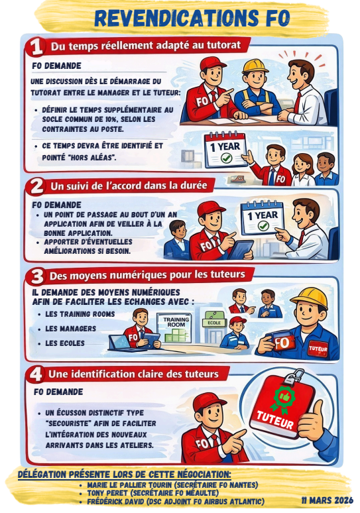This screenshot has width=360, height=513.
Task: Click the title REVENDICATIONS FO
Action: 192,18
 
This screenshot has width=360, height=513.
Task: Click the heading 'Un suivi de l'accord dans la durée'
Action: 129,186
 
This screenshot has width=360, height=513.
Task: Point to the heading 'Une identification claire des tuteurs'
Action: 133,374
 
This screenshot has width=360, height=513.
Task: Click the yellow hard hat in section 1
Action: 256,65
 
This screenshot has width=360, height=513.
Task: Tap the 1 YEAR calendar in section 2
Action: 262,217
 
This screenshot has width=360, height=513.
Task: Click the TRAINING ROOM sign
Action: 176,322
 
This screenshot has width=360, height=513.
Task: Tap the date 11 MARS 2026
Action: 327,500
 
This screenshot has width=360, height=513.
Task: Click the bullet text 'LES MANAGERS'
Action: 70,329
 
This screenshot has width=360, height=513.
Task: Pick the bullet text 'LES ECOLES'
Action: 65,343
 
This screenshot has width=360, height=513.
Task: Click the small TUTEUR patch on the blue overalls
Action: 318,349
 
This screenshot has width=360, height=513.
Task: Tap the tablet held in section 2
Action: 240,249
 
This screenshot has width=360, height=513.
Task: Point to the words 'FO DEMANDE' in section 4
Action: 58,392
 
